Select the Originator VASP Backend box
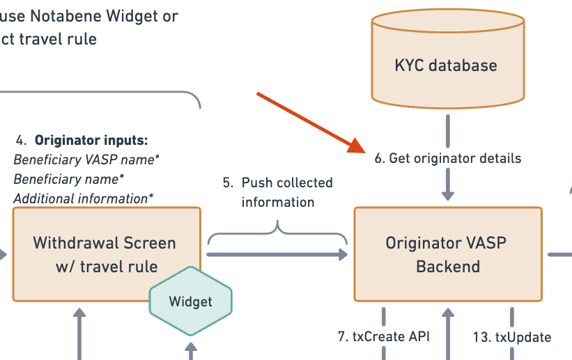(x=448, y=254)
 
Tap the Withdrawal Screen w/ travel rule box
(x=105, y=254)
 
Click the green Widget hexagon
(x=191, y=302)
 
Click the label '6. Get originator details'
(x=448, y=158)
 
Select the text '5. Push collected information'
(x=277, y=193)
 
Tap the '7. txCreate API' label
(x=383, y=337)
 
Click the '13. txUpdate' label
(x=512, y=337)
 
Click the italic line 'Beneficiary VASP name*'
(x=86, y=159)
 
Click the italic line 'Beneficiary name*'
(x=69, y=179)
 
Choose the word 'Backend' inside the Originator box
(x=448, y=266)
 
